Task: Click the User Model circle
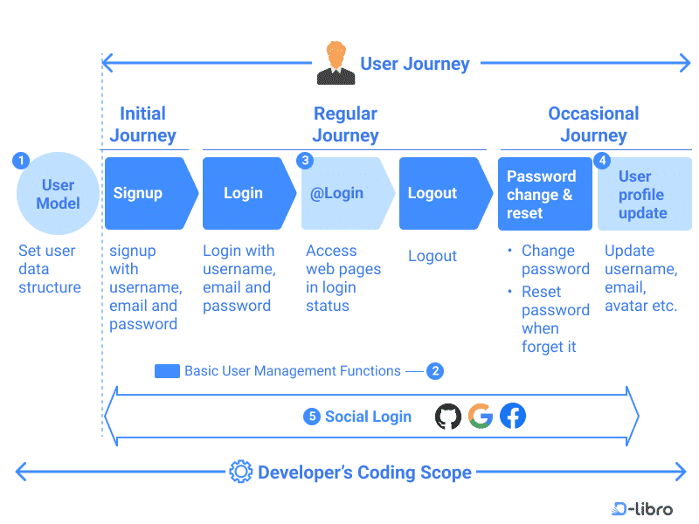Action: click(58, 194)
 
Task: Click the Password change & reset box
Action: click(544, 194)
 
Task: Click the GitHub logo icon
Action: click(448, 417)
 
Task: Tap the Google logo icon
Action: click(481, 417)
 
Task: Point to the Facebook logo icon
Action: click(513, 417)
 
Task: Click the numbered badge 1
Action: click(22, 161)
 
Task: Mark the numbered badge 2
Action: click(435, 371)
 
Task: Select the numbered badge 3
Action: click(305, 161)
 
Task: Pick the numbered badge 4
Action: click(602, 161)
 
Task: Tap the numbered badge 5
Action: click(312, 417)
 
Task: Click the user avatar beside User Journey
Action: click(336, 63)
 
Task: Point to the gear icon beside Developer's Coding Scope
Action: click(240, 472)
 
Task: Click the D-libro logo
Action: click(642, 508)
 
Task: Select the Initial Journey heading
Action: click(142, 124)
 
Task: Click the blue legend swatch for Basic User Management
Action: click(167, 371)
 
